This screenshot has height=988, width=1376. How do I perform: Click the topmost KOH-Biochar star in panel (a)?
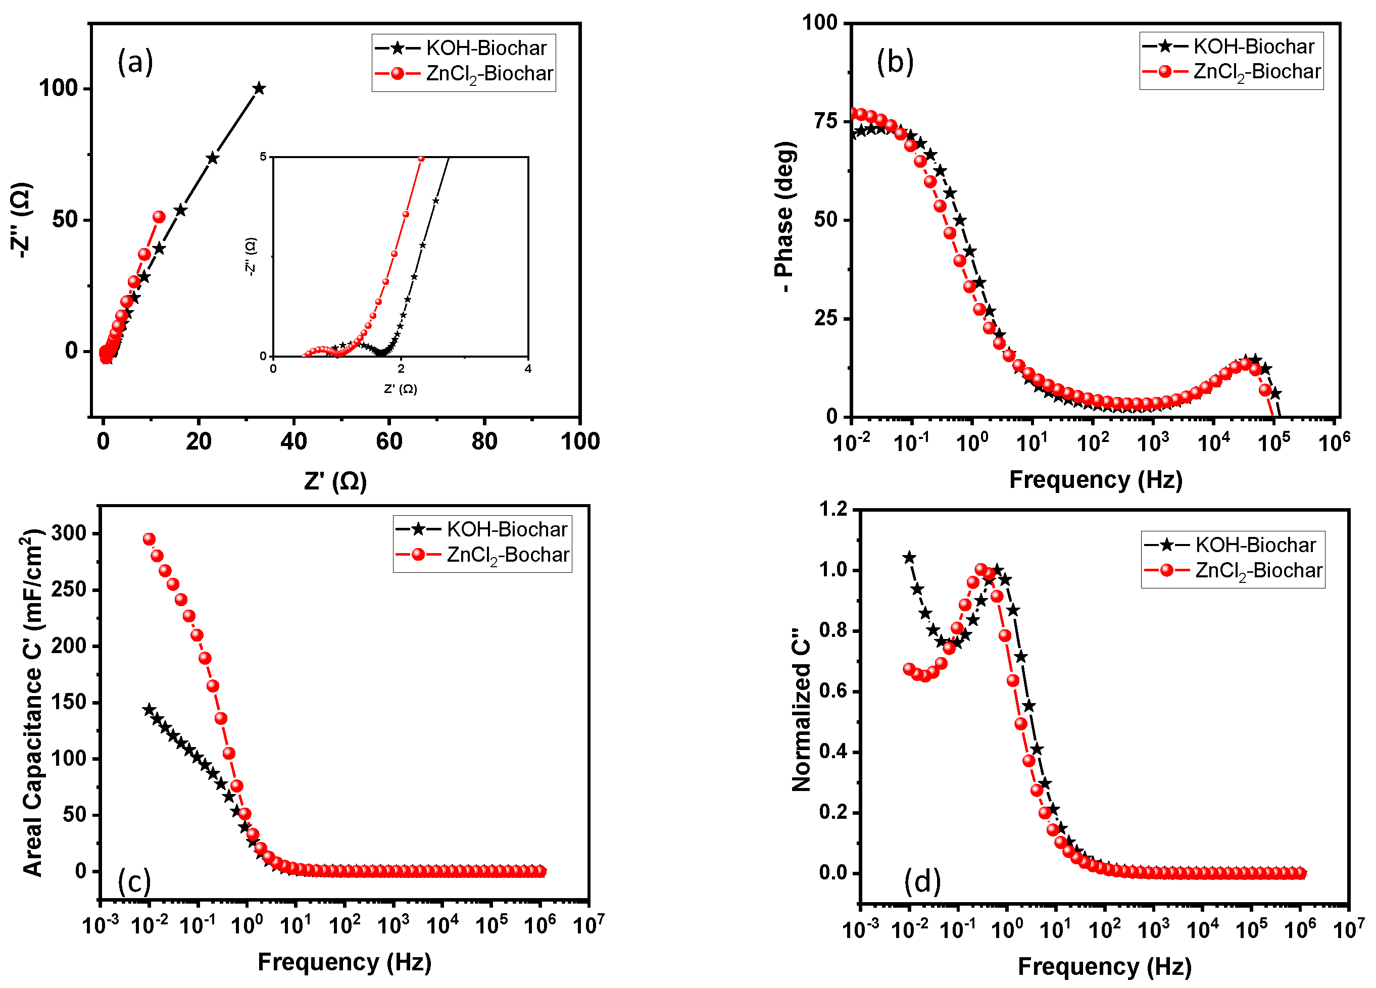coord(259,88)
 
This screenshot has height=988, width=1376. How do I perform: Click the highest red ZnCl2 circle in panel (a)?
coord(159,217)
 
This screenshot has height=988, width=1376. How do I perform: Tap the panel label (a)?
coord(135,62)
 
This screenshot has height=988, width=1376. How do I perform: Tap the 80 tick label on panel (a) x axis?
coord(484,441)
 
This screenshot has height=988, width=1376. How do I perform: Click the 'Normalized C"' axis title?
coord(801,710)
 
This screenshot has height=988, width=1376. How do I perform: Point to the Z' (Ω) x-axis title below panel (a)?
coord(335,481)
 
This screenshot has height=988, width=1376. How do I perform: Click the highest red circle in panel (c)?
coord(149,539)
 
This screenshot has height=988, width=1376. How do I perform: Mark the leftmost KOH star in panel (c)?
coord(149,710)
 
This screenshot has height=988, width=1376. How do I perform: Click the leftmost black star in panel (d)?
coord(909,557)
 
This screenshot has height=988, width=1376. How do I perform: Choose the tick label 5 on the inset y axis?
coord(263,157)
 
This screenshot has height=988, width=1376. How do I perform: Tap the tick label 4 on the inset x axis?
coord(528,369)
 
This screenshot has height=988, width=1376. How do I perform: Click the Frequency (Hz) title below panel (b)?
coord(1096,480)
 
